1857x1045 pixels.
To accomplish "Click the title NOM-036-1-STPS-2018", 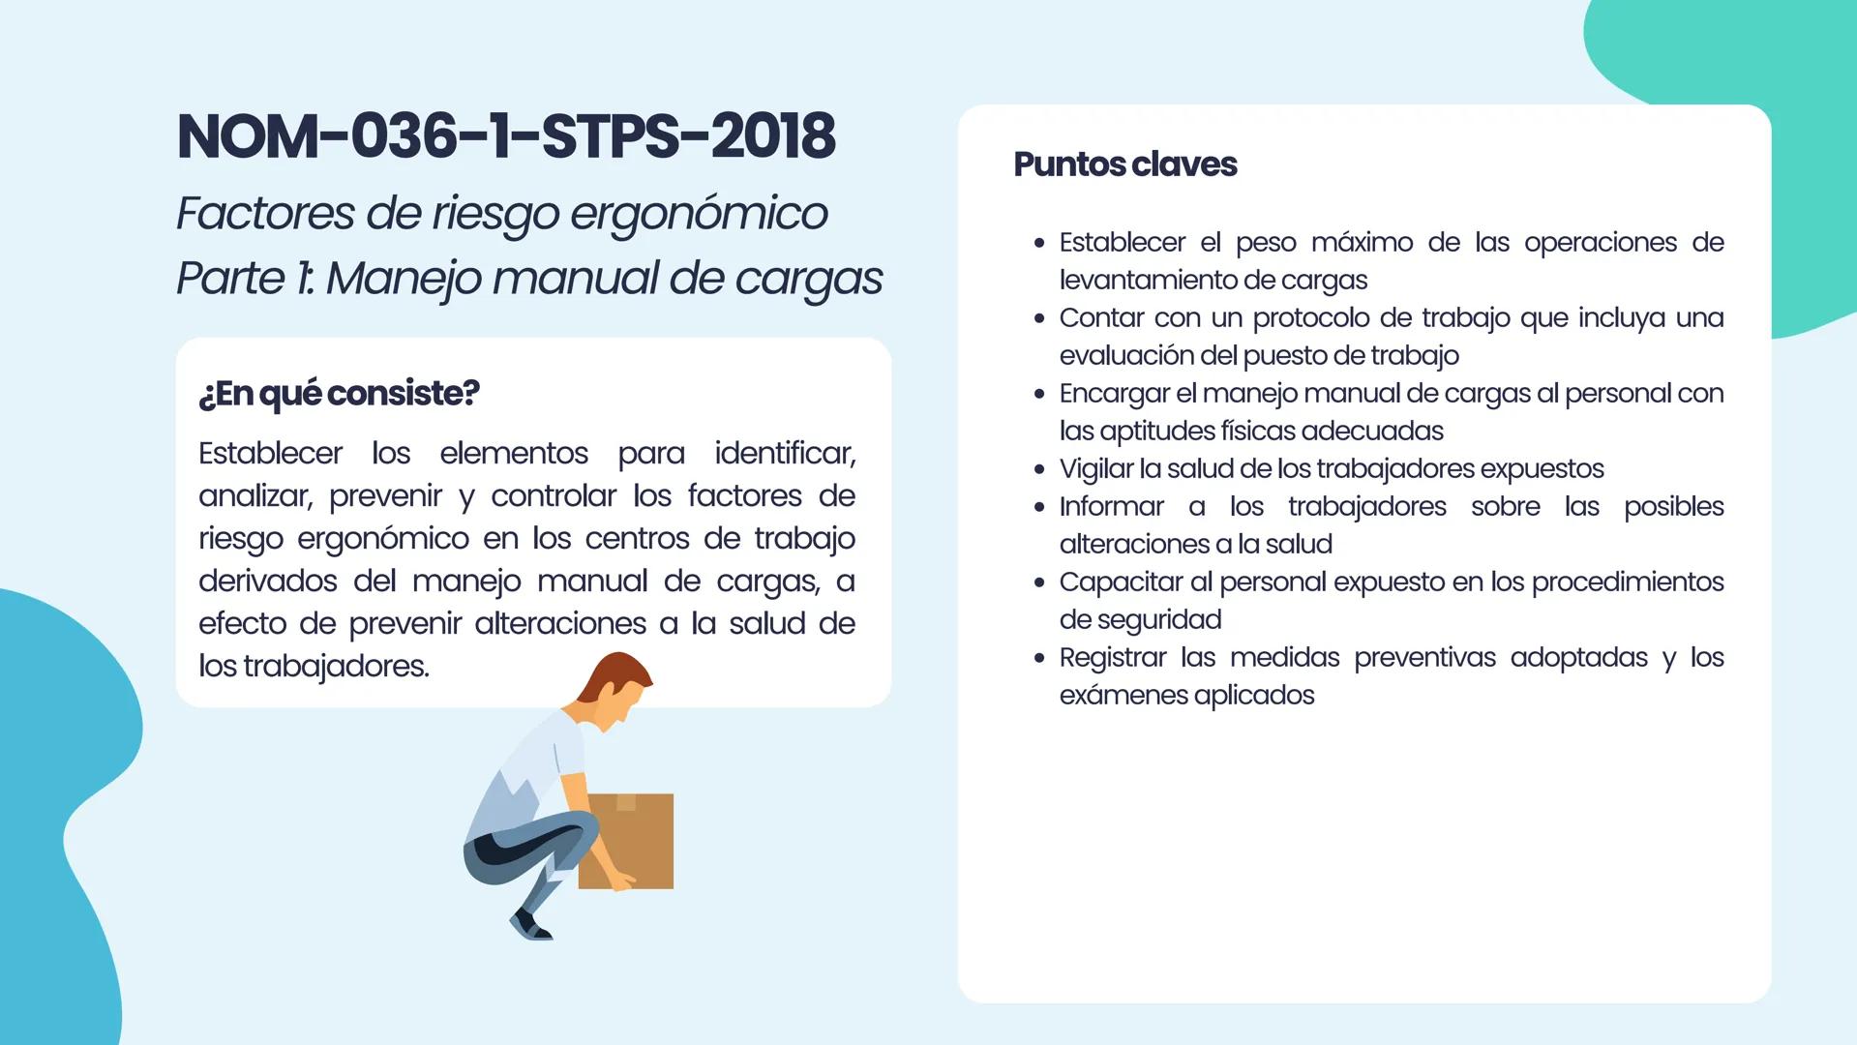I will [506, 135].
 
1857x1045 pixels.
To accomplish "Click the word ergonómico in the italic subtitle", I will [699, 213].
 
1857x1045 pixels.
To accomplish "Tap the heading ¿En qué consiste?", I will [339, 393].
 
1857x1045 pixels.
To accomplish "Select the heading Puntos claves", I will [1124, 164].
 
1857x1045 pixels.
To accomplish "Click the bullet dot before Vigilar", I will [1039, 469].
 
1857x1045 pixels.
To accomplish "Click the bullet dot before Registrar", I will [1039, 658].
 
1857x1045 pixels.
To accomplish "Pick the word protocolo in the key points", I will [1324, 317].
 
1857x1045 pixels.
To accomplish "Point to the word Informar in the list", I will [1111, 506].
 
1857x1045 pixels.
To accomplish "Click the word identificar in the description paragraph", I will [784, 453].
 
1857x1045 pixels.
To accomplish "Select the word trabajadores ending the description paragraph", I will [336, 666].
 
